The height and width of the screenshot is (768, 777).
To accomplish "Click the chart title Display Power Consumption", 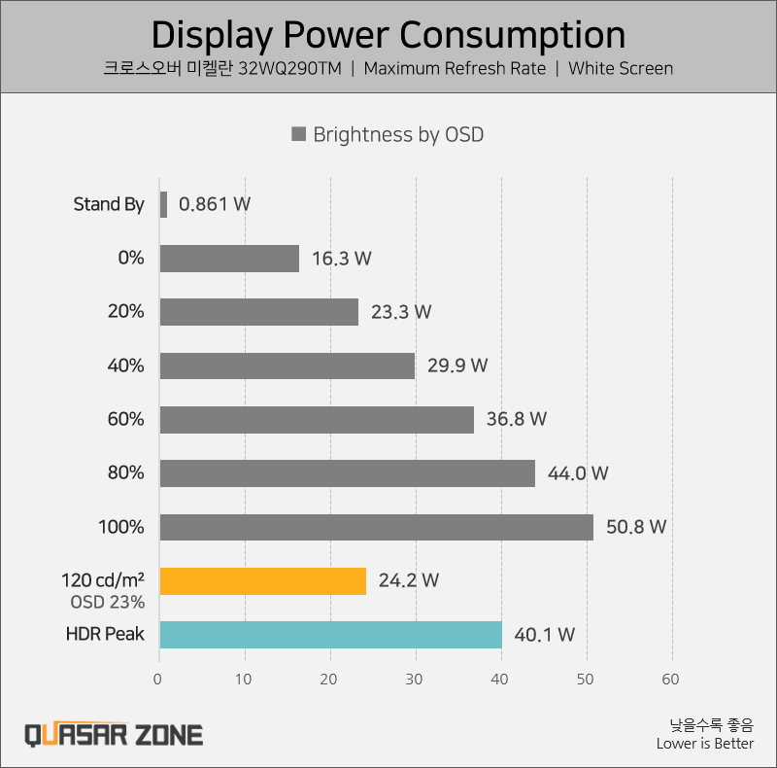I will coord(388,35).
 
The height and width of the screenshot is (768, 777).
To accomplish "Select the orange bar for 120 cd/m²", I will coord(262,580).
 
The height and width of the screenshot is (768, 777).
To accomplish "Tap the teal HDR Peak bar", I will coord(330,635).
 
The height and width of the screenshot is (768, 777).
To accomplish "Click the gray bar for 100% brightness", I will coord(376,527).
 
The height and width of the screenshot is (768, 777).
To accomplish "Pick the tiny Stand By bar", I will coord(163,204).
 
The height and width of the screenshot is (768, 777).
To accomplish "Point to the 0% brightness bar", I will coord(229,259).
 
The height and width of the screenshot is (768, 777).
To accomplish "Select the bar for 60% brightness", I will coord(317,419).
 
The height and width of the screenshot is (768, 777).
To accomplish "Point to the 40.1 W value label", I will coord(544,635).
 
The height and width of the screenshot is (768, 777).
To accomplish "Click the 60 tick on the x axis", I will coord(670,679).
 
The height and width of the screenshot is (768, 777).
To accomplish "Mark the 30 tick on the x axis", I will coord(415,679).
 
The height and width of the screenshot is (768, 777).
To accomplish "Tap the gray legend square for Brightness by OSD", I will coord(299,134).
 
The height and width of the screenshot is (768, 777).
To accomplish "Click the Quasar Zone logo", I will coord(114,734).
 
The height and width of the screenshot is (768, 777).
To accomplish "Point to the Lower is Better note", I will coord(704,744).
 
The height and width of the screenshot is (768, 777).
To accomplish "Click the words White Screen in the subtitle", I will coord(621,68).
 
